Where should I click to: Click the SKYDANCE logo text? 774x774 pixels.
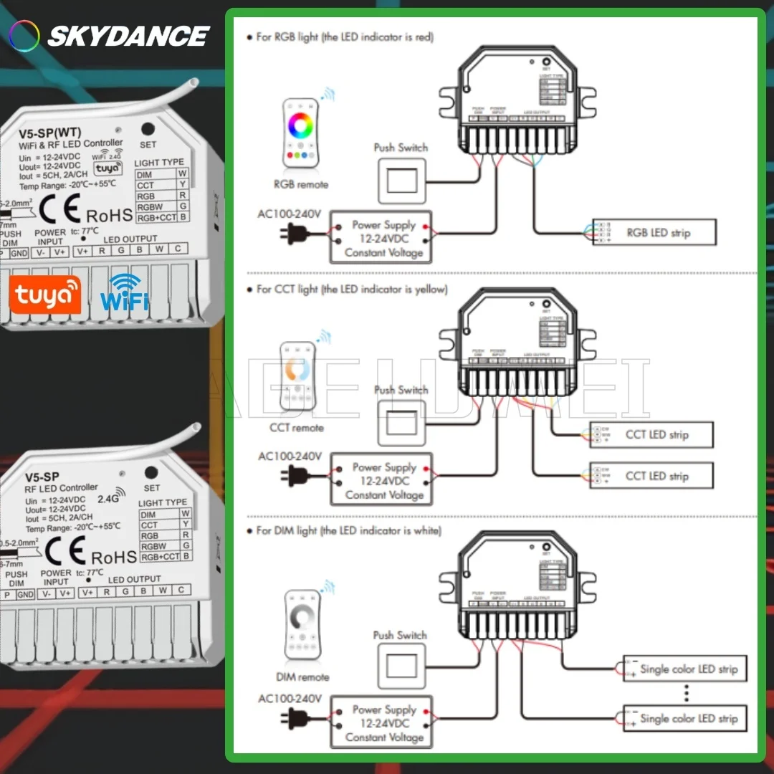[x=128, y=35]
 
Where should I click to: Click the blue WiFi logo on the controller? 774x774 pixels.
[x=124, y=292]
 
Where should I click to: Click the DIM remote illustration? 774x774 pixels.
[x=302, y=624]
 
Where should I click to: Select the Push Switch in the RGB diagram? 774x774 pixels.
[x=401, y=180]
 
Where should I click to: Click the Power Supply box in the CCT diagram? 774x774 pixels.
[x=383, y=480]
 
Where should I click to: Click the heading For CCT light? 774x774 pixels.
[x=351, y=289]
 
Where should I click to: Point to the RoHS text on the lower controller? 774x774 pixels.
[x=113, y=557]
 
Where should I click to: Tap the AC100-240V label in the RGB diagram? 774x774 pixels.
[x=290, y=214]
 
